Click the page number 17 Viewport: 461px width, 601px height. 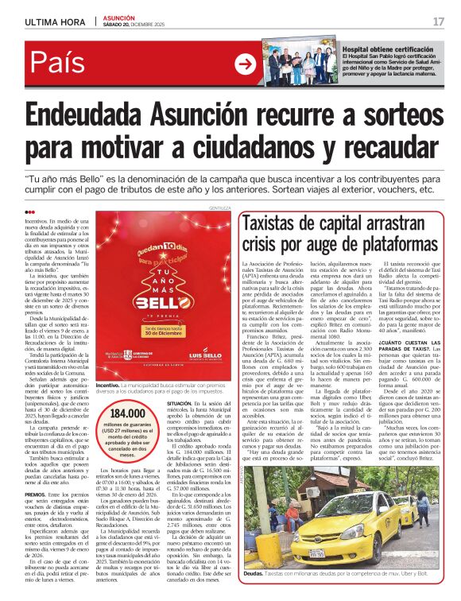point(438,21)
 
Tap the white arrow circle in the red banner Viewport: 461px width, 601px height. point(246,64)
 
